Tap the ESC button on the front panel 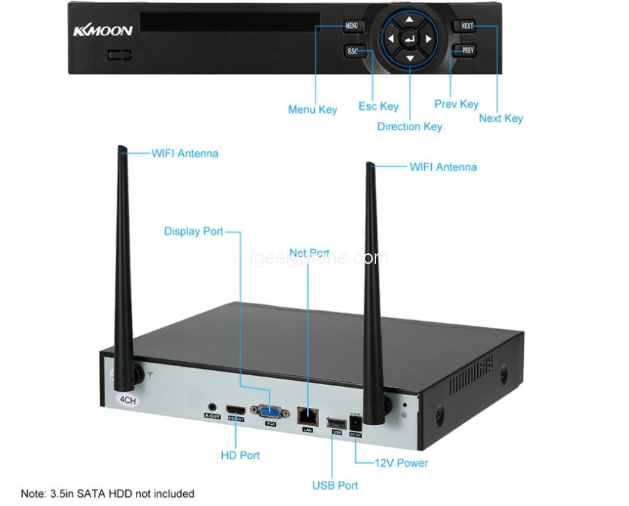point(353,51)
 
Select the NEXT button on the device point(467,26)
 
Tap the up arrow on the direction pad point(410,20)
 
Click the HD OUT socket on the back point(236,409)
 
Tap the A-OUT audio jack point(212,406)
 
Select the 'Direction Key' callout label point(410,127)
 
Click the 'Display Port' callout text point(194,231)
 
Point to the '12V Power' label point(401,463)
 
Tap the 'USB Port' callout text point(335,485)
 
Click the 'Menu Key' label point(312,109)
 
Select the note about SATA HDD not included point(107,493)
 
